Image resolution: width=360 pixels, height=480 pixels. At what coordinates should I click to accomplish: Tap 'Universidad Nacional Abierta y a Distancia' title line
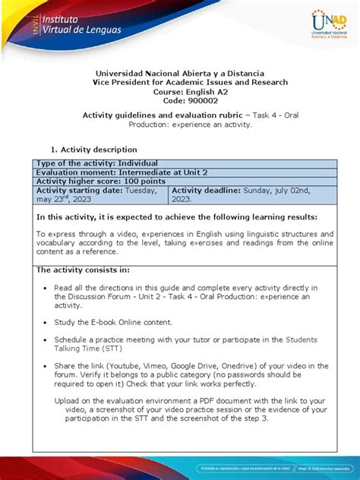pos(179,73)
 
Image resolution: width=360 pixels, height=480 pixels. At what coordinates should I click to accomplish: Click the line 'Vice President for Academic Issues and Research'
pos(179,82)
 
